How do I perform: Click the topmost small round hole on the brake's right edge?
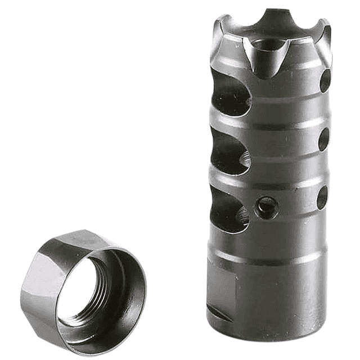pos(325,80)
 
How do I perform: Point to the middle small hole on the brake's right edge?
pos(323,139)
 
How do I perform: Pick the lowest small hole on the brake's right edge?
pos(322,197)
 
